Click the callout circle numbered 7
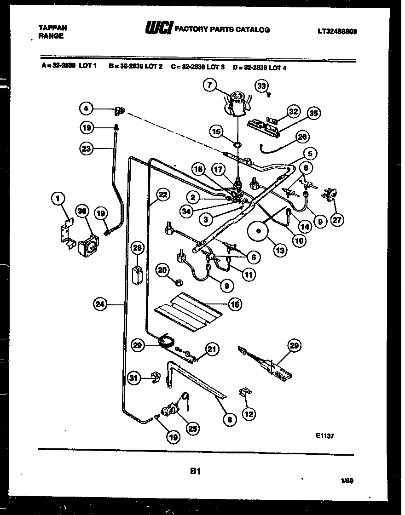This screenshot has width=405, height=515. (x=210, y=86)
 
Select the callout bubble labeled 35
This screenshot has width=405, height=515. (x=314, y=114)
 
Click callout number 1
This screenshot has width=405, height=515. (x=58, y=199)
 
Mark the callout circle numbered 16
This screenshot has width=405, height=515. (x=234, y=304)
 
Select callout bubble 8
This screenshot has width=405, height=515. (x=229, y=418)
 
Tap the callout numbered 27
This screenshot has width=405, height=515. (x=337, y=220)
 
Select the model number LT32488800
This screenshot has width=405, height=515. (x=337, y=32)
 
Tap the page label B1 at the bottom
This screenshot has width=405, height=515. (x=195, y=471)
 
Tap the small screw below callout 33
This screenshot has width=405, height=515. (x=268, y=95)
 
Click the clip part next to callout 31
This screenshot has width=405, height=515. (x=156, y=378)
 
